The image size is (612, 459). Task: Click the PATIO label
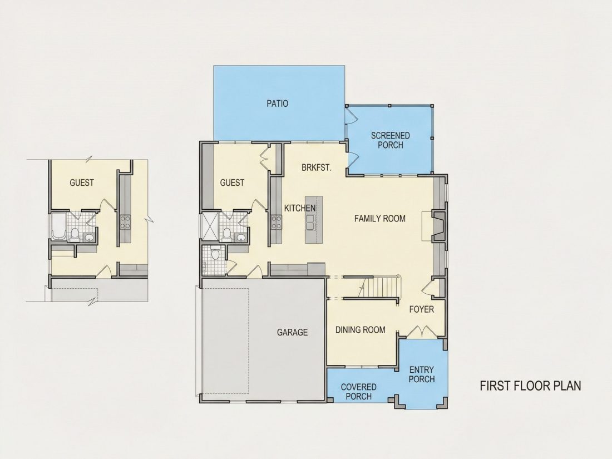point(278,103)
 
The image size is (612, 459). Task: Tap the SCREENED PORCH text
point(391,140)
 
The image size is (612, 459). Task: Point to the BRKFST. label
point(317,168)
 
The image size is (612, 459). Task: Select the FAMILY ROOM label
point(380,219)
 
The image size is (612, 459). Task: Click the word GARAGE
point(292,332)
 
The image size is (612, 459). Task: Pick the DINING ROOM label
point(361,330)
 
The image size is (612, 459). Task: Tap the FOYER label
point(422,309)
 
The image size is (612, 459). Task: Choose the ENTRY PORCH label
point(422,374)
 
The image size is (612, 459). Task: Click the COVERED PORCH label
point(359,392)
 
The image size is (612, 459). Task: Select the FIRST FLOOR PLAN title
point(530,386)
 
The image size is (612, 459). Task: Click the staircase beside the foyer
point(380,287)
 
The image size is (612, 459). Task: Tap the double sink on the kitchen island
point(310,222)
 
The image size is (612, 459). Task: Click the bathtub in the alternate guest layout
point(60,226)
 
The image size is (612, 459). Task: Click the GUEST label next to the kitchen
point(232,182)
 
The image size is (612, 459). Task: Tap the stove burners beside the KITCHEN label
point(277,222)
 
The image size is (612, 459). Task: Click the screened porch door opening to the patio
point(350,116)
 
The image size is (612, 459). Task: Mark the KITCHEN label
point(300,208)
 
